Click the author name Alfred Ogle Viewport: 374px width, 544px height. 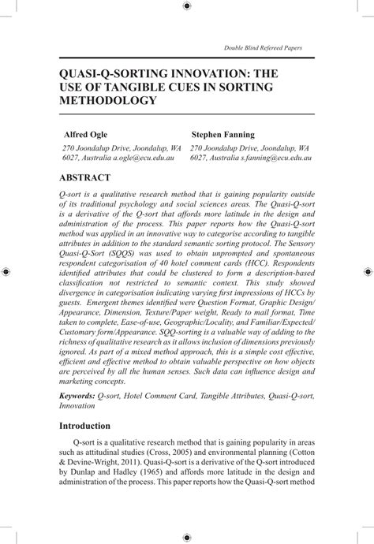[x=85, y=135]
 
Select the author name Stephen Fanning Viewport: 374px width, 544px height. [x=224, y=135]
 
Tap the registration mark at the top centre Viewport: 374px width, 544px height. [x=186, y=6]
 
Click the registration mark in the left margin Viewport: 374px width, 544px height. [x=6, y=271]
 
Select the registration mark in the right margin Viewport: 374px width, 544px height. [x=367, y=271]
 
